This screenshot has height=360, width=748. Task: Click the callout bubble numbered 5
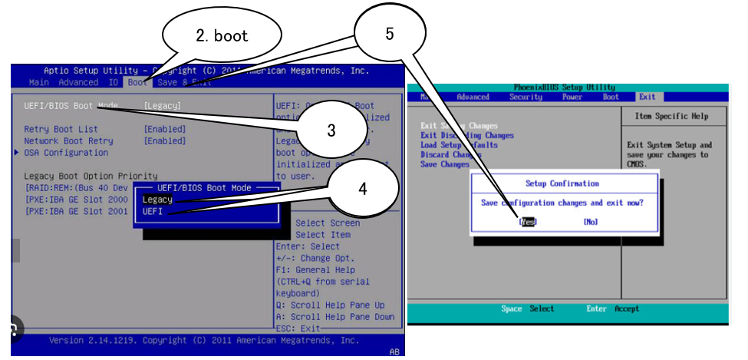tap(390, 35)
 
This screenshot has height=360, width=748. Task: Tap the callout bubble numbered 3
tap(331, 130)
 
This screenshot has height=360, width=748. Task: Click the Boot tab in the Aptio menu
tap(138, 82)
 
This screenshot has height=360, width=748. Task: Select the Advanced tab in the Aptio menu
tap(78, 82)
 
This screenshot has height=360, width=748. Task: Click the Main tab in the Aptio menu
tap(39, 82)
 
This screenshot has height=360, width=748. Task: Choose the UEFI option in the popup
tap(153, 211)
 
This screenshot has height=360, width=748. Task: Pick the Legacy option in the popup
tap(157, 199)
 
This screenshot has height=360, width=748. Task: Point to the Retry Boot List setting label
tap(61, 129)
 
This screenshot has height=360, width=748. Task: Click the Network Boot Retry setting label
tap(68, 141)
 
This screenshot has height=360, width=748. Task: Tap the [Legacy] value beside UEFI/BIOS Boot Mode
tap(163, 105)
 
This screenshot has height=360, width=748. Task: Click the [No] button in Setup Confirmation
tap(590, 222)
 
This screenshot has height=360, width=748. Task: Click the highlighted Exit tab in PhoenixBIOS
tap(647, 97)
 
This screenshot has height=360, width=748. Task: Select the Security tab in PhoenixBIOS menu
tap(526, 97)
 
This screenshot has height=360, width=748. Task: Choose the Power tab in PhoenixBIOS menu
tap(572, 97)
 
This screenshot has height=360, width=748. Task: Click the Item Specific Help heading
tap(672, 117)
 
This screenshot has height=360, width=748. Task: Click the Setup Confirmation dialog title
tap(562, 183)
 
